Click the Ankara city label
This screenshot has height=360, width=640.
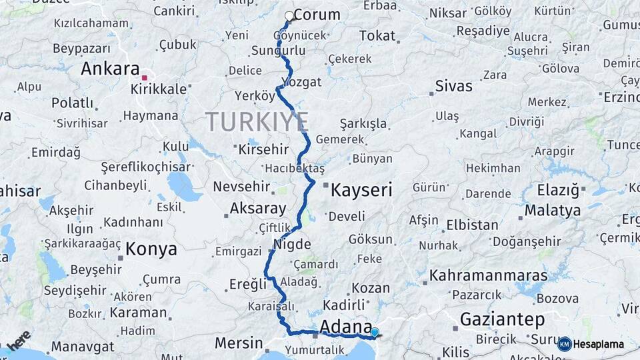pos(110,69)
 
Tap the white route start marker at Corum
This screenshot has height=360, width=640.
pos(289,15)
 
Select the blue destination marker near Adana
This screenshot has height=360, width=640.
pos(375,332)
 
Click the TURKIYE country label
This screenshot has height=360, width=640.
pos(257,122)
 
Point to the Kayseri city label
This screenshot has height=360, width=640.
pos(361,190)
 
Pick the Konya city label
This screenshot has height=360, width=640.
pos(151,249)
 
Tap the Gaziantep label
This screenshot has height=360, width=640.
pos(502,319)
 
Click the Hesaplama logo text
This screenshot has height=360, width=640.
pos(597,344)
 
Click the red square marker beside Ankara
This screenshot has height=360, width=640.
pos(144,78)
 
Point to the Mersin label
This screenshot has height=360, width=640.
pos(239,343)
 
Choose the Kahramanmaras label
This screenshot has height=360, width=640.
pos(488,275)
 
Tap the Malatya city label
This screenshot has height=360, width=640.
pos(553,211)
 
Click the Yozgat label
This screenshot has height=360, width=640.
pos(301,82)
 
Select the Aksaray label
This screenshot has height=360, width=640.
pos(257,208)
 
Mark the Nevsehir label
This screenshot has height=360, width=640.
pos(241,187)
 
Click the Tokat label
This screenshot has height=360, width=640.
pos(377,36)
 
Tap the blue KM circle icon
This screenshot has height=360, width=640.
pos(565,344)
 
